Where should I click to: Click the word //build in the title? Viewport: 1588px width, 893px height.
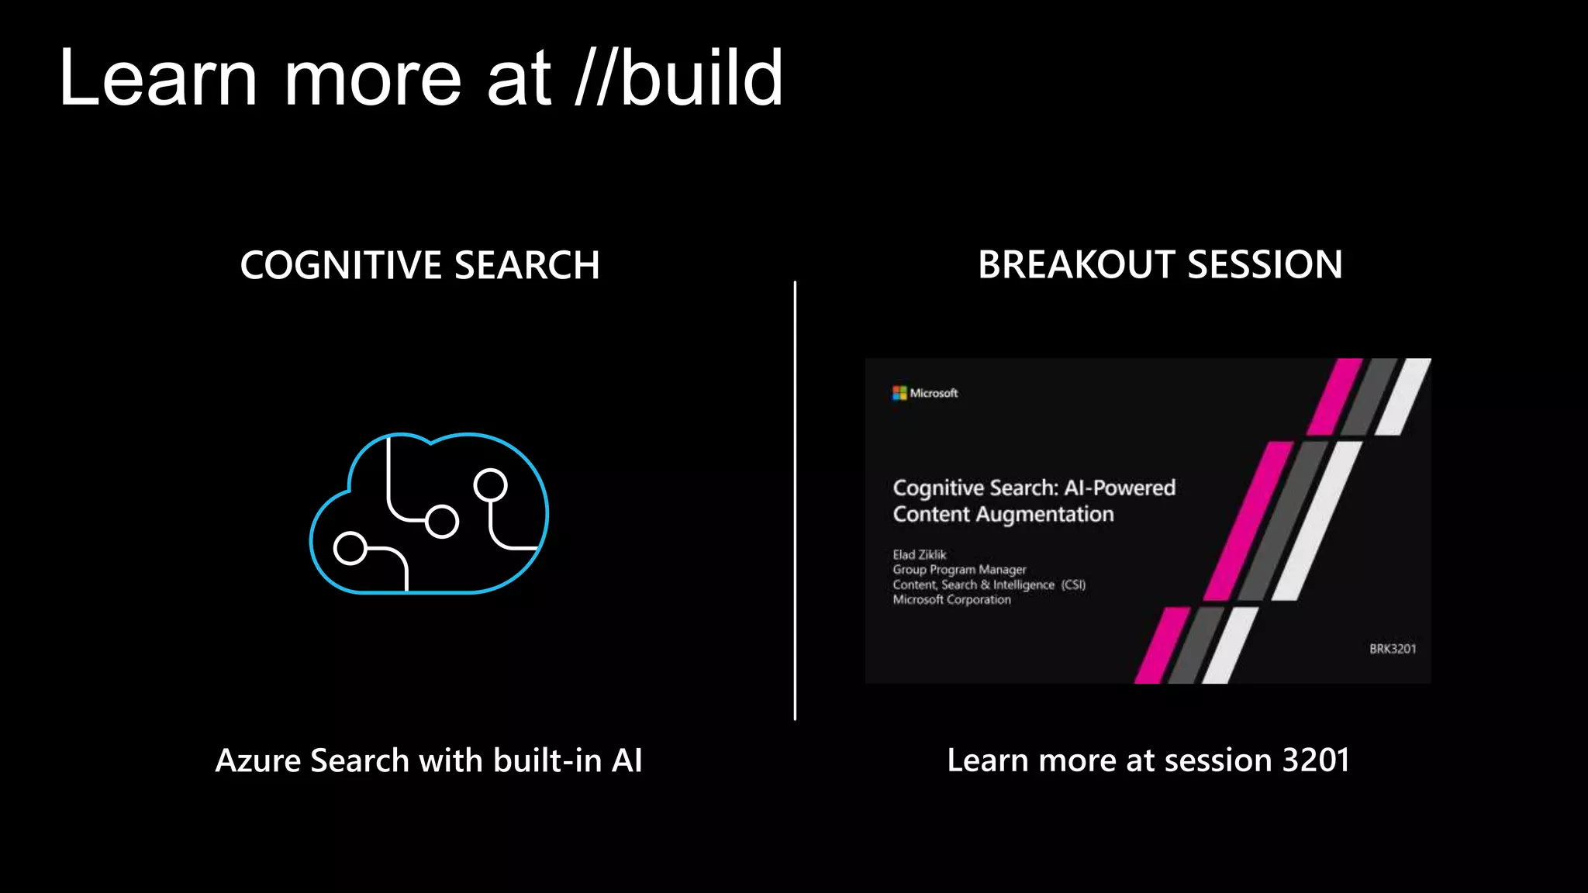679,78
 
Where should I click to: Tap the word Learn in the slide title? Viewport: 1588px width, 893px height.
158,78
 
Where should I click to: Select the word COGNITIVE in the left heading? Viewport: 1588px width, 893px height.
341,265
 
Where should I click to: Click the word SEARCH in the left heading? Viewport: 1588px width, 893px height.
527,265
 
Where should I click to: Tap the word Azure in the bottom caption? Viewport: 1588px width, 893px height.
258,760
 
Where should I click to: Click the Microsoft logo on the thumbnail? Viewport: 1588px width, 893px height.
899,393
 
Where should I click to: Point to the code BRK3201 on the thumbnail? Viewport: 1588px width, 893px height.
1393,649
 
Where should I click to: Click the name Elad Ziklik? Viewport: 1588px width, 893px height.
920,555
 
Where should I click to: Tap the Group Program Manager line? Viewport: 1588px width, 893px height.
959,570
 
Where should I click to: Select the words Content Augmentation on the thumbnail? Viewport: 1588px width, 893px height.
1003,515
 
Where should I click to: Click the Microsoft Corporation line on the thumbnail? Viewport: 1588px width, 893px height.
951,600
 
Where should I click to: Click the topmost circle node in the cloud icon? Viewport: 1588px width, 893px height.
490,485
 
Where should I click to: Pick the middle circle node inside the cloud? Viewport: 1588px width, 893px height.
442,521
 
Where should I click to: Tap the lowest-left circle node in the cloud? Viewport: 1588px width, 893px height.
350,549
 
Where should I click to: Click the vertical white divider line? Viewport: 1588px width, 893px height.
795,501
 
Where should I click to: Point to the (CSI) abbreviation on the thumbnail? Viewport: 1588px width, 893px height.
1073,585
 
